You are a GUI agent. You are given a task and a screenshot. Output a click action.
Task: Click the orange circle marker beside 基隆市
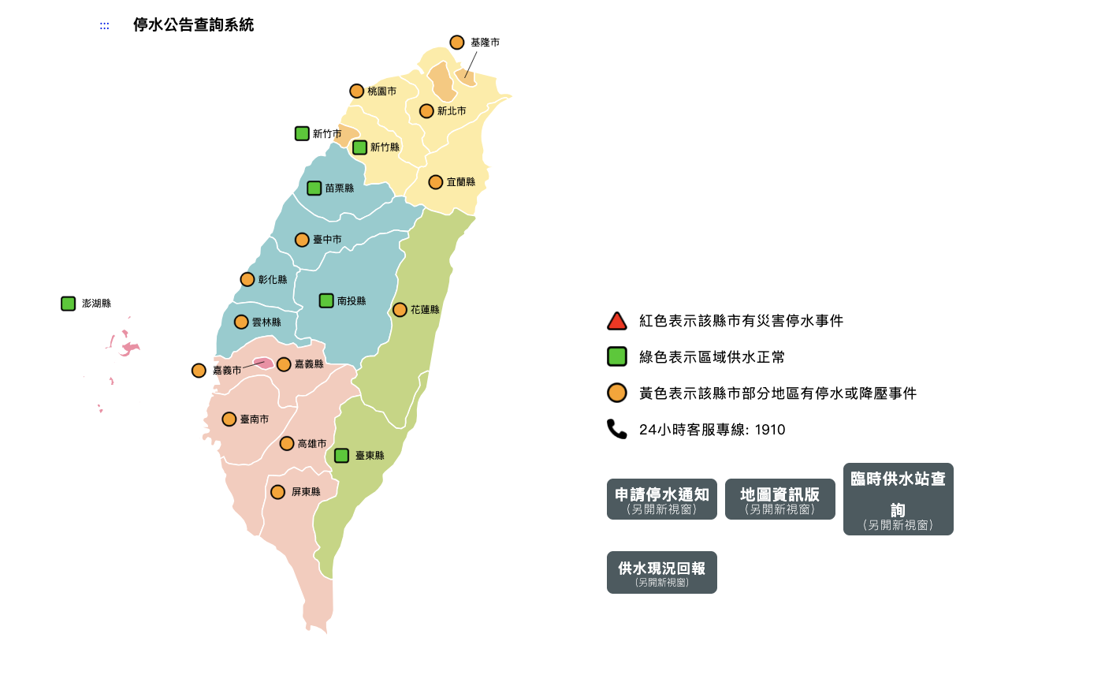tap(457, 43)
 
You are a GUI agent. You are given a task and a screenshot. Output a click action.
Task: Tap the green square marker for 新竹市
tap(302, 133)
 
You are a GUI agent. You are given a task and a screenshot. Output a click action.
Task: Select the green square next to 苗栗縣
tap(314, 188)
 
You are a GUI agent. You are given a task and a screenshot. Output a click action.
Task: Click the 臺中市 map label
tap(327, 240)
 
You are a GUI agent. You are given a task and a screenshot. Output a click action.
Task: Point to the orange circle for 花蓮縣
tap(400, 310)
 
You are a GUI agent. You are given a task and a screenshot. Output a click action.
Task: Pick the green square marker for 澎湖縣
tap(69, 304)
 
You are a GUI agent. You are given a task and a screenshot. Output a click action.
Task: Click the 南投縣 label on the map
tap(352, 301)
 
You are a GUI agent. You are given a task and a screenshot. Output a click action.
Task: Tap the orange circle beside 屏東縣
tap(277, 492)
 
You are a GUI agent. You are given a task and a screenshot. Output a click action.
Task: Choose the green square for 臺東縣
tap(341, 456)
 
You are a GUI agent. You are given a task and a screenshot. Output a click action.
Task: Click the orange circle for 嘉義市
tap(199, 371)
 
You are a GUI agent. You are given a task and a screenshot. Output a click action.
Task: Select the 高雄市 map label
tap(312, 444)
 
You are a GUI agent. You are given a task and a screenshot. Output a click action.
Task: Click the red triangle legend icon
tap(617, 321)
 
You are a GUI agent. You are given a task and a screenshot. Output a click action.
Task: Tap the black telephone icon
tap(616, 429)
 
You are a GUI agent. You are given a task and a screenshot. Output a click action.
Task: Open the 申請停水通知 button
tap(662, 499)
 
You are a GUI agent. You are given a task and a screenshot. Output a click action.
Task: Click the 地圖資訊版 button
tap(780, 499)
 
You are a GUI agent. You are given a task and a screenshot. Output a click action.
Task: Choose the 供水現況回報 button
tap(662, 572)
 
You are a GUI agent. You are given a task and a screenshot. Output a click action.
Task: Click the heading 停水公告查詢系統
tap(193, 25)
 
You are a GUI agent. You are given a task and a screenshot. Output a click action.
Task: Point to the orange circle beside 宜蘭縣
tap(436, 182)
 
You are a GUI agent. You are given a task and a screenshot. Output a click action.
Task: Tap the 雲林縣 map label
tap(266, 322)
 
